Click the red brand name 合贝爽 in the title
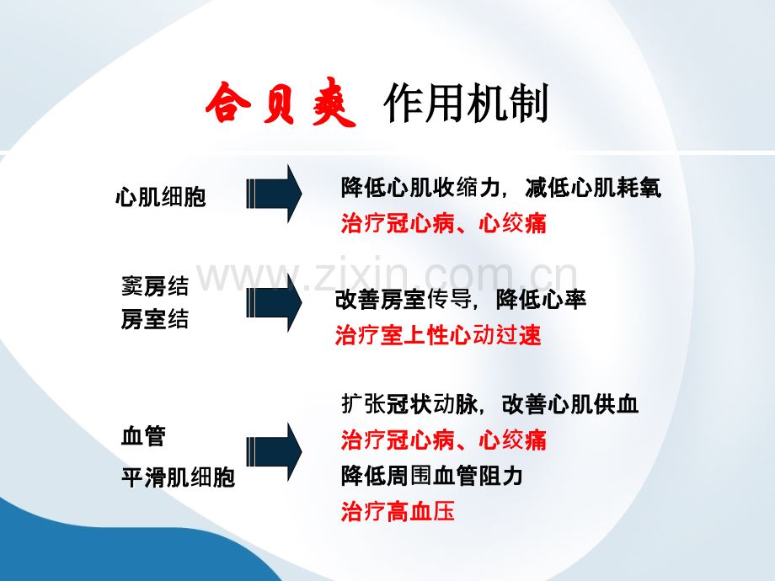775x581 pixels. (281, 103)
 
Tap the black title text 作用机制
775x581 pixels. (466, 103)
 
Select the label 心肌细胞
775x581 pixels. (161, 197)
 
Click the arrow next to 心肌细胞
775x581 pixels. (274, 194)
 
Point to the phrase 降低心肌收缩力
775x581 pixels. (420, 188)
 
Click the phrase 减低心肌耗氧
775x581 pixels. (593, 188)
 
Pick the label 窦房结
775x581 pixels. (155, 286)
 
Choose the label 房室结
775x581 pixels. (155, 319)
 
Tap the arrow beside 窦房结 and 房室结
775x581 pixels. (274, 302)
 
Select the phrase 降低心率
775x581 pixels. (541, 300)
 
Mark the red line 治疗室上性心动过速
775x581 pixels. (438, 335)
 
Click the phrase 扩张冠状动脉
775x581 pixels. (409, 404)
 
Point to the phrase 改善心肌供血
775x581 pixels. (570, 404)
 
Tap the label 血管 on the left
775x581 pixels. (143, 436)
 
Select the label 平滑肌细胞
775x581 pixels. (178, 477)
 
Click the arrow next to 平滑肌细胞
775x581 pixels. (274, 451)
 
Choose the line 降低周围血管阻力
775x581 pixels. (432, 476)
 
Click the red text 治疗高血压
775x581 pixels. (398, 511)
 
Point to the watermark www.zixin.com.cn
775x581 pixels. (387, 275)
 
